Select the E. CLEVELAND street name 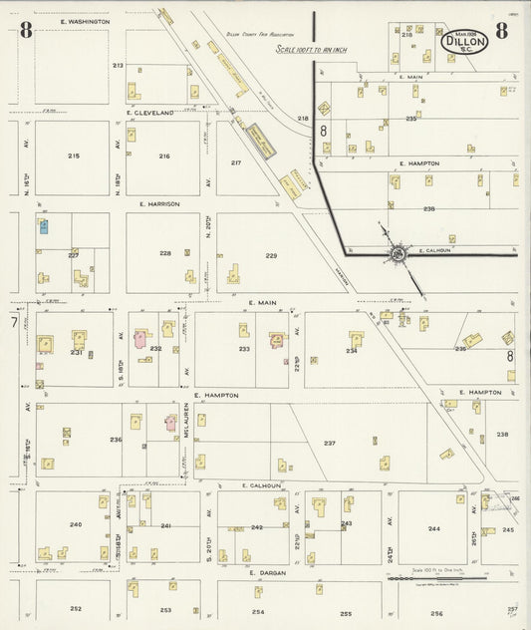[150, 113]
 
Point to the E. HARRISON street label [158, 203]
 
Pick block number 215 [73, 157]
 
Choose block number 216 [164, 157]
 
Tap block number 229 [271, 256]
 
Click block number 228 [165, 253]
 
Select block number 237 [330, 443]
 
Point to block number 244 [433, 528]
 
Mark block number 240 [75, 524]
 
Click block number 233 [244, 349]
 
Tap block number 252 [75, 608]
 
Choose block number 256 [436, 614]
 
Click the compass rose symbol [397, 252]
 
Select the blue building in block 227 [44, 226]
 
